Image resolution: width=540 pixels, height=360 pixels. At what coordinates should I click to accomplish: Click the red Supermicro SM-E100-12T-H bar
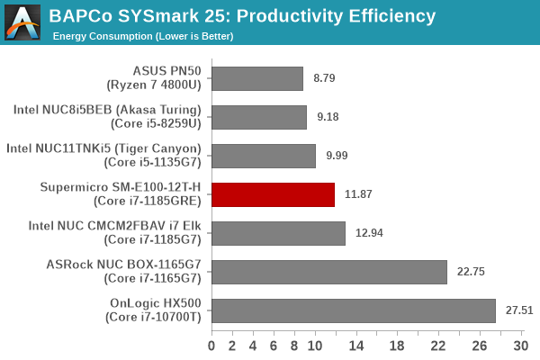(x=273, y=194)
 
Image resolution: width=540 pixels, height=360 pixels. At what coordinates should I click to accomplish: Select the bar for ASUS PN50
(x=256, y=78)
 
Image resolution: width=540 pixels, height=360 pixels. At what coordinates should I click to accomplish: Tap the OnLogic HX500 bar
(x=353, y=310)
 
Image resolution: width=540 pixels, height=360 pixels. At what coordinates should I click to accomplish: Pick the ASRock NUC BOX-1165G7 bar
(x=328, y=272)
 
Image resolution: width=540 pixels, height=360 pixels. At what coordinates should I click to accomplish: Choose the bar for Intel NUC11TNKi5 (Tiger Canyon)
(x=263, y=156)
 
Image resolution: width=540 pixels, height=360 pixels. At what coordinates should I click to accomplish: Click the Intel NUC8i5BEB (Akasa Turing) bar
(x=258, y=117)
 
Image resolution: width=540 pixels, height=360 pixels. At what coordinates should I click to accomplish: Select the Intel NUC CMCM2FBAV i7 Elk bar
(x=278, y=233)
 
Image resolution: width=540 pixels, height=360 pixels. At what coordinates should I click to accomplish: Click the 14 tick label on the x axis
(x=355, y=346)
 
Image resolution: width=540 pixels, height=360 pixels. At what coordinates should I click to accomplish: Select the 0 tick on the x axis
(x=211, y=346)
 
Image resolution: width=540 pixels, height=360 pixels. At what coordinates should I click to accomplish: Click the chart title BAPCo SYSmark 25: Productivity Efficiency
(x=243, y=16)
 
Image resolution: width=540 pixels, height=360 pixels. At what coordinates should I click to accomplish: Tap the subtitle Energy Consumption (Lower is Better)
(x=143, y=36)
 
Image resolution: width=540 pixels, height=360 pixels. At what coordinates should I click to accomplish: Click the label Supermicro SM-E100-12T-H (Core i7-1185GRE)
(x=125, y=194)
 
